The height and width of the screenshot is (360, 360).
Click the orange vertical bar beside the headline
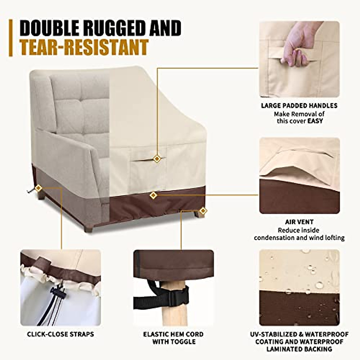tap(11, 38)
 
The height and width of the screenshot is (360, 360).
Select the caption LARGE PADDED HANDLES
tap(299, 106)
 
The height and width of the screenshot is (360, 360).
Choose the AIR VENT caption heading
tap(299, 222)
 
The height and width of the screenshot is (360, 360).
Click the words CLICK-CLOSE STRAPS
tap(60, 334)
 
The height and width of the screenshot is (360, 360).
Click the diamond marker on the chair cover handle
tap(157, 159)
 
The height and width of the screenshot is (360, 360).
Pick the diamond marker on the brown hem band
tap(153, 196)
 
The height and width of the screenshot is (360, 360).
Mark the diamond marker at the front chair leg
tap(203, 211)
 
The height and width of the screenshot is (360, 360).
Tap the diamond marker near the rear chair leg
tap(38, 188)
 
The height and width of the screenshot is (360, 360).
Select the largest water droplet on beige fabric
tap(319, 284)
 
